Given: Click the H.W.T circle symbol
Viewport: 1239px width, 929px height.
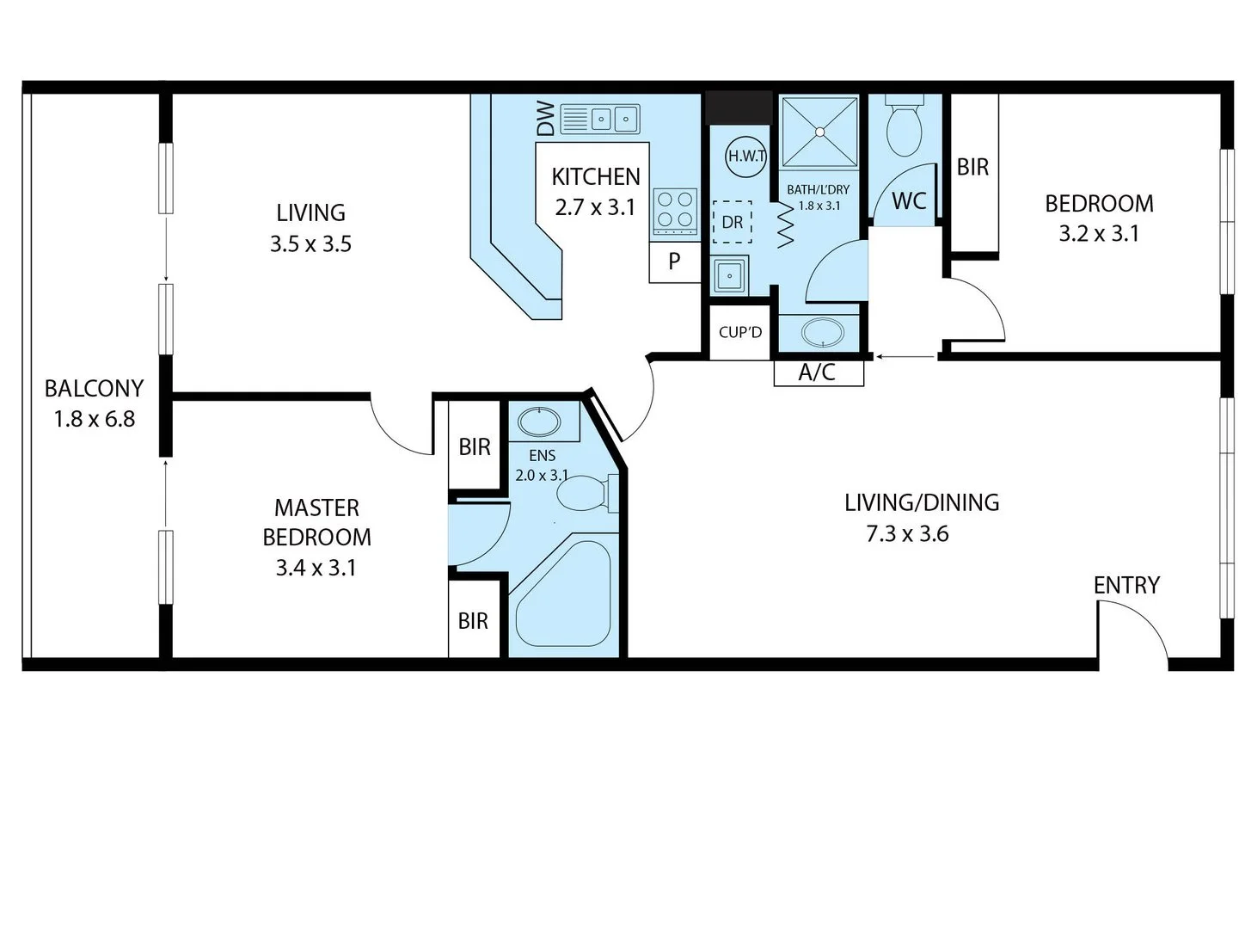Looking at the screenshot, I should tap(745, 156).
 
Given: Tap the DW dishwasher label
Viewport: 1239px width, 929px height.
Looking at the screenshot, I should tap(545, 119).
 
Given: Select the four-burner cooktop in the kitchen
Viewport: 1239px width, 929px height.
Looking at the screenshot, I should tap(675, 211).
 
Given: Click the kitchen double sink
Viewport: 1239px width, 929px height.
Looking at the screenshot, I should tap(600, 119).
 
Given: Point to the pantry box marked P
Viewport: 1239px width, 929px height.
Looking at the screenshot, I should tap(674, 261).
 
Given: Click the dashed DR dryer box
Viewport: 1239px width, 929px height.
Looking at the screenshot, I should tap(732, 223).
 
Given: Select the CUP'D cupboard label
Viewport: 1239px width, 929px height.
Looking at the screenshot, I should tap(739, 332).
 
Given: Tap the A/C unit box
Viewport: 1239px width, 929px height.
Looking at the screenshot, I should tap(818, 372).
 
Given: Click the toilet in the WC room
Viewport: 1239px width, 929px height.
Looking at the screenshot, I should tap(904, 127).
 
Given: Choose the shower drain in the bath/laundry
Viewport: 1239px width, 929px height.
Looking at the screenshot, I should tap(819, 132).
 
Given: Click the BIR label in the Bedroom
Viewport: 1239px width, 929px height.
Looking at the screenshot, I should tap(972, 167).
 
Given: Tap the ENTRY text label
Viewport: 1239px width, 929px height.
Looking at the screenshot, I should tap(1126, 585).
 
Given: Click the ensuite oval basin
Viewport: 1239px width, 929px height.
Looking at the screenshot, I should tap(539, 422).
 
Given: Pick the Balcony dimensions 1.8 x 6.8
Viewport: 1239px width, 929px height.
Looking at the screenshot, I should tap(94, 420).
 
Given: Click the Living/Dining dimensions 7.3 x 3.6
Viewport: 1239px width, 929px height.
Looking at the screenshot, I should tap(907, 534).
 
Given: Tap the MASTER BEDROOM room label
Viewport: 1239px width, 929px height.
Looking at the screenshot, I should tap(316, 522).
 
